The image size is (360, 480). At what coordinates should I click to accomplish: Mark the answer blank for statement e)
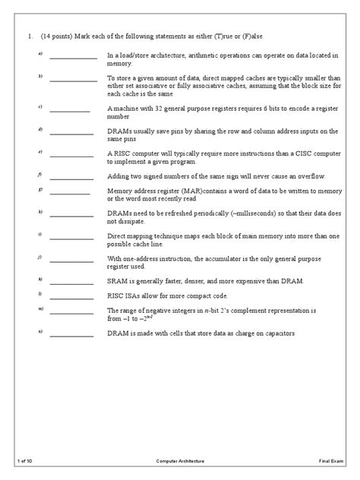tap(73, 156)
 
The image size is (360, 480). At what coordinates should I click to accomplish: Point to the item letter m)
tap(39, 310)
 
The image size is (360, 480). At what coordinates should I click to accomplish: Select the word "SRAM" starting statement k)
tap(116, 280)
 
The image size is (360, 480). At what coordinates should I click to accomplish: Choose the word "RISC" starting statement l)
tap(115, 295)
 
